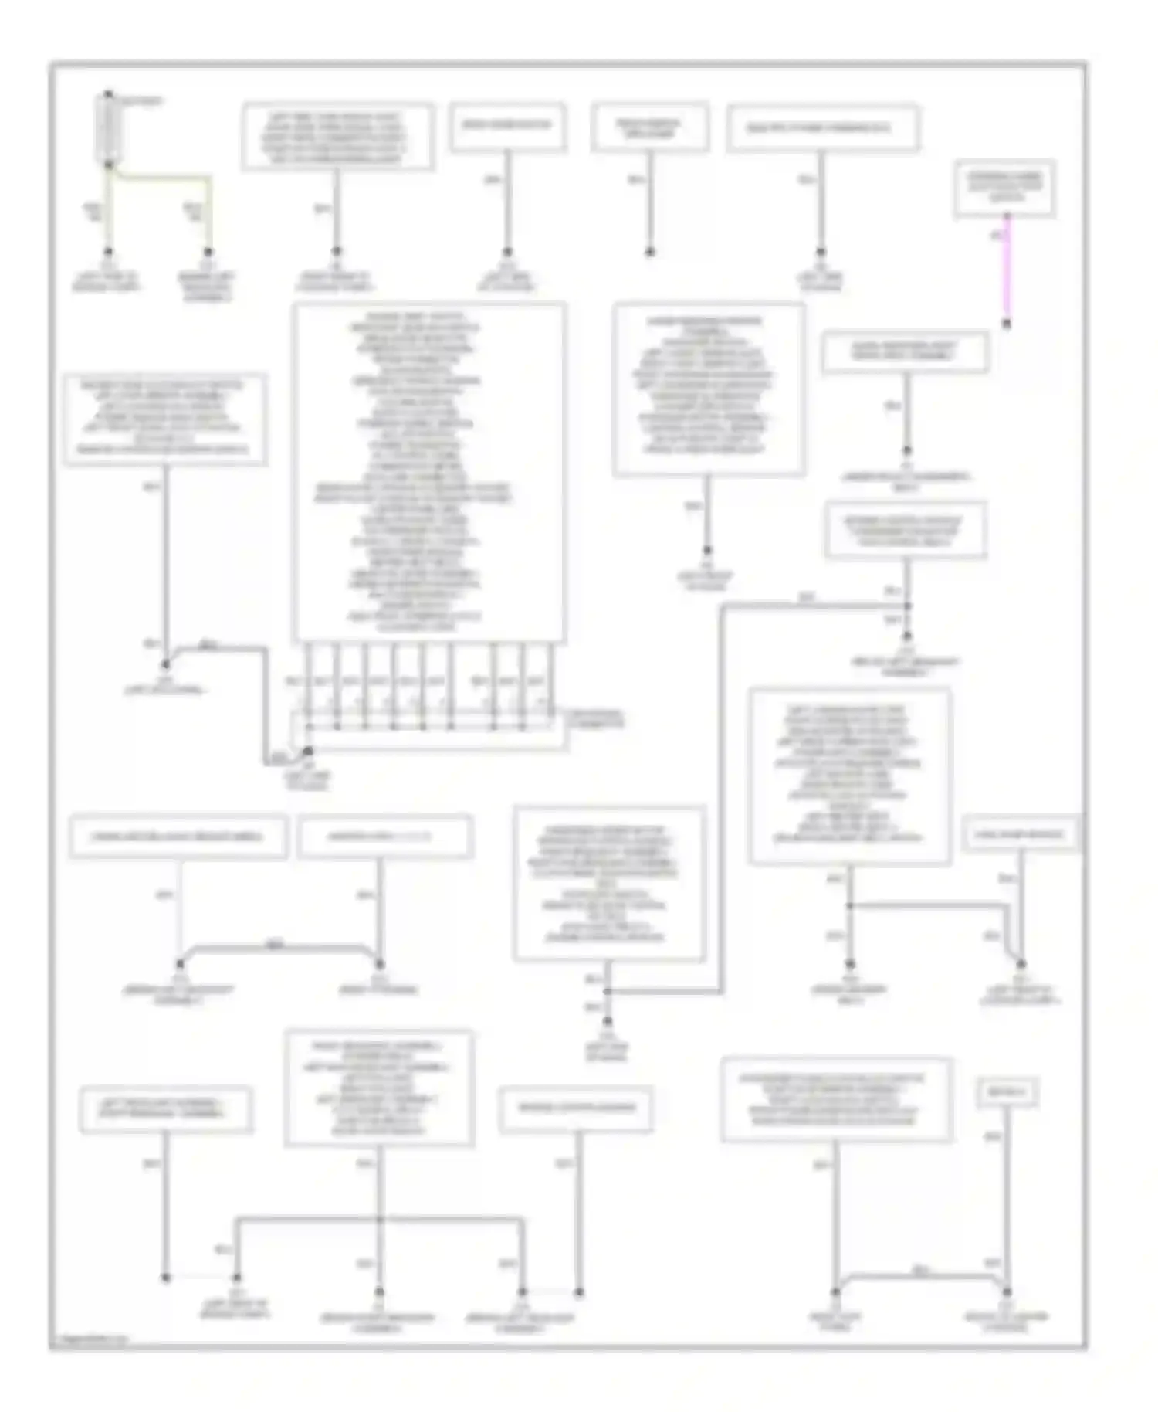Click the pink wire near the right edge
(1006, 270)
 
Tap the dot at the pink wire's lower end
(1006, 324)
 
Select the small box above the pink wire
(1004, 188)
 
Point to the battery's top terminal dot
(108, 95)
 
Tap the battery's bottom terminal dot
(108, 165)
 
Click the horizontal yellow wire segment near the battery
(162, 178)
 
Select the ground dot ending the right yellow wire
(208, 252)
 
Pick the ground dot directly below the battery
(108, 252)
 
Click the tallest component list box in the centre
(428, 472)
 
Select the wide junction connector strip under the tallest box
(428, 731)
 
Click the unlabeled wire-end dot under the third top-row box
(650, 252)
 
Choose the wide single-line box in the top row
(822, 128)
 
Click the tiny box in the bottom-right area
(1006, 1092)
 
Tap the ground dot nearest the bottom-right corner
(1006, 1292)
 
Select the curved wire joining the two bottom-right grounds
(920, 1274)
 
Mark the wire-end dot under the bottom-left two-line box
(165, 1278)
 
